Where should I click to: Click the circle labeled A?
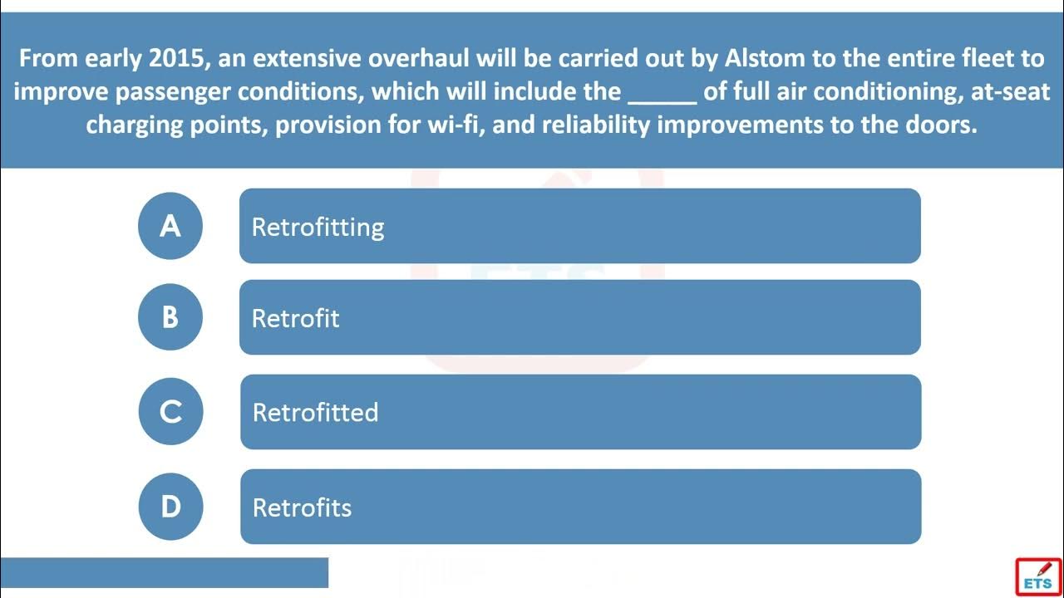tap(170, 226)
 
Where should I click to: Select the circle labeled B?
tap(170, 317)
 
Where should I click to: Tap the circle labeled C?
tap(170, 411)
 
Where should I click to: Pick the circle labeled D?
tap(170, 507)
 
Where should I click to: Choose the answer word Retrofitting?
tap(318, 228)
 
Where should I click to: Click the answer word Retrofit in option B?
tap(295, 318)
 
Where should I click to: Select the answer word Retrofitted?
tap(315, 412)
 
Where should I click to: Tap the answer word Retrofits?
tap(302, 507)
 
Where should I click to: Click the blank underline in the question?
tap(663, 102)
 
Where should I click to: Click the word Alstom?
tap(765, 58)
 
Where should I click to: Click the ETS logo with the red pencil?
tap(1039, 577)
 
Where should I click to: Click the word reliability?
tap(596, 125)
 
